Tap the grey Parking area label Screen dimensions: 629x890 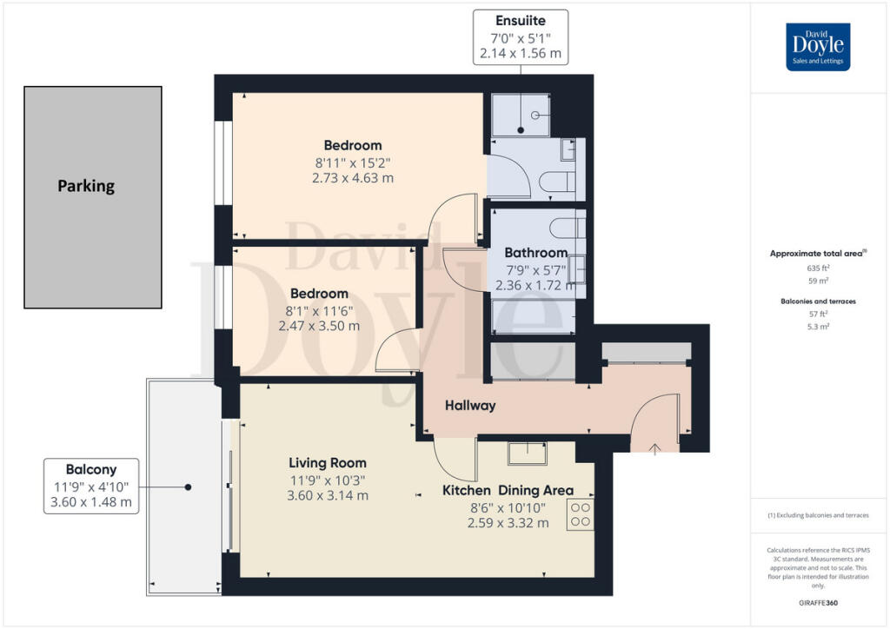[x=86, y=186]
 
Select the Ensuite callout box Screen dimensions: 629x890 [x=520, y=36]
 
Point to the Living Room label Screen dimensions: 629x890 [x=329, y=463]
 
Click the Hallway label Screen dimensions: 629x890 [x=470, y=406]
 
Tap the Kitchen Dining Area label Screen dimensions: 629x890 [x=508, y=491]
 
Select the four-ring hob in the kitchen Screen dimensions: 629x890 [x=580, y=514]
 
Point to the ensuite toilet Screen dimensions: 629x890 [x=556, y=182]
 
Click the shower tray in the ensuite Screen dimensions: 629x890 [x=521, y=116]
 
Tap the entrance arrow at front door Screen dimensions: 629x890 [x=654, y=447]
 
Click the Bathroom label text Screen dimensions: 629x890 [x=536, y=253]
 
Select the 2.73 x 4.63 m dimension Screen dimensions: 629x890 [x=353, y=178]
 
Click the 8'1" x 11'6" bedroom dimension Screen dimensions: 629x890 [x=319, y=310]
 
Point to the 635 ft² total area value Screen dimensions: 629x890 [x=818, y=268]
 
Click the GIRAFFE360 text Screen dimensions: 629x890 [x=818, y=602]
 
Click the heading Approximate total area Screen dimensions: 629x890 [x=816, y=254]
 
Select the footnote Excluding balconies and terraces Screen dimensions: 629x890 [x=818, y=515]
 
